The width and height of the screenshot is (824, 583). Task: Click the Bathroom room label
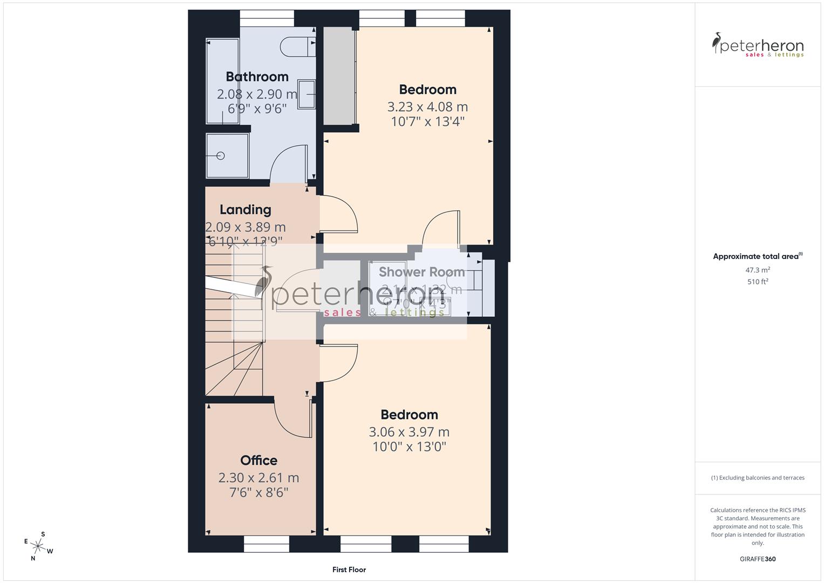(x=257, y=77)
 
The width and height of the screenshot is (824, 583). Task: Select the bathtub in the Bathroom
(x=222, y=81)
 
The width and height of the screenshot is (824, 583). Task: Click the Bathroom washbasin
(x=307, y=95)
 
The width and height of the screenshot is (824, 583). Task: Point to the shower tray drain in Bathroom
(x=220, y=156)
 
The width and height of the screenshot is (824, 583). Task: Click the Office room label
(x=258, y=460)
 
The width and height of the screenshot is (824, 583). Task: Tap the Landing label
(x=245, y=209)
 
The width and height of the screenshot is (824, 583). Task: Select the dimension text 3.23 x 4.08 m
(x=427, y=106)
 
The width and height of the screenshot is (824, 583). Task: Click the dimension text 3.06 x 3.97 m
(x=409, y=432)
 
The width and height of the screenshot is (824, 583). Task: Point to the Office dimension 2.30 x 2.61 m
(x=258, y=478)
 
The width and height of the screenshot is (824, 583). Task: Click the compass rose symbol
(x=38, y=546)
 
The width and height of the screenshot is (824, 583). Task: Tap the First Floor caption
(x=349, y=570)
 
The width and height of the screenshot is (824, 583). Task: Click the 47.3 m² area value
(x=758, y=270)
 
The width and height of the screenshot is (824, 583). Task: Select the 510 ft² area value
(x=758, y=282)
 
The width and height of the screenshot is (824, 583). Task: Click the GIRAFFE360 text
(x=758, y=559)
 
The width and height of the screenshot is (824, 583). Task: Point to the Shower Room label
(x=421, y=272)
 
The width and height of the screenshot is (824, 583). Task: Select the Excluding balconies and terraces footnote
(x=758, y=478)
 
